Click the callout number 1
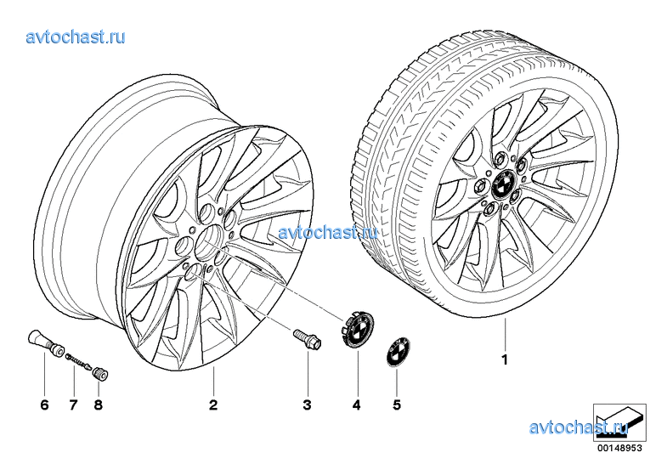505,359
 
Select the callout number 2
213,405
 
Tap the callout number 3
307,405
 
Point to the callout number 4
356,405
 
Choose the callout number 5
397,405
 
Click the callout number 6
44,405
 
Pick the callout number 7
73,405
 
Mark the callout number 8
98,405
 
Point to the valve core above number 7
78,361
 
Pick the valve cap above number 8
100,373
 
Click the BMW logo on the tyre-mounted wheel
501,184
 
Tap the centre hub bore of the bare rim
208,240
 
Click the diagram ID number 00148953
619,448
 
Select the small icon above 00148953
619,422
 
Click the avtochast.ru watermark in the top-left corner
76,37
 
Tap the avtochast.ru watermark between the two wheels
328,232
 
